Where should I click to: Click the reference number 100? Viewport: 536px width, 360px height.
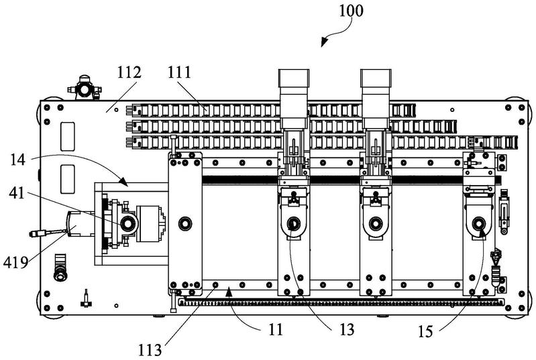(x=352, y=11)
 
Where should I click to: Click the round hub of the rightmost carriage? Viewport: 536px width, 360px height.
(x=478, y=224)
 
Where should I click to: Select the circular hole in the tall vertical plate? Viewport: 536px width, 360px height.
(x=184, y=221)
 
